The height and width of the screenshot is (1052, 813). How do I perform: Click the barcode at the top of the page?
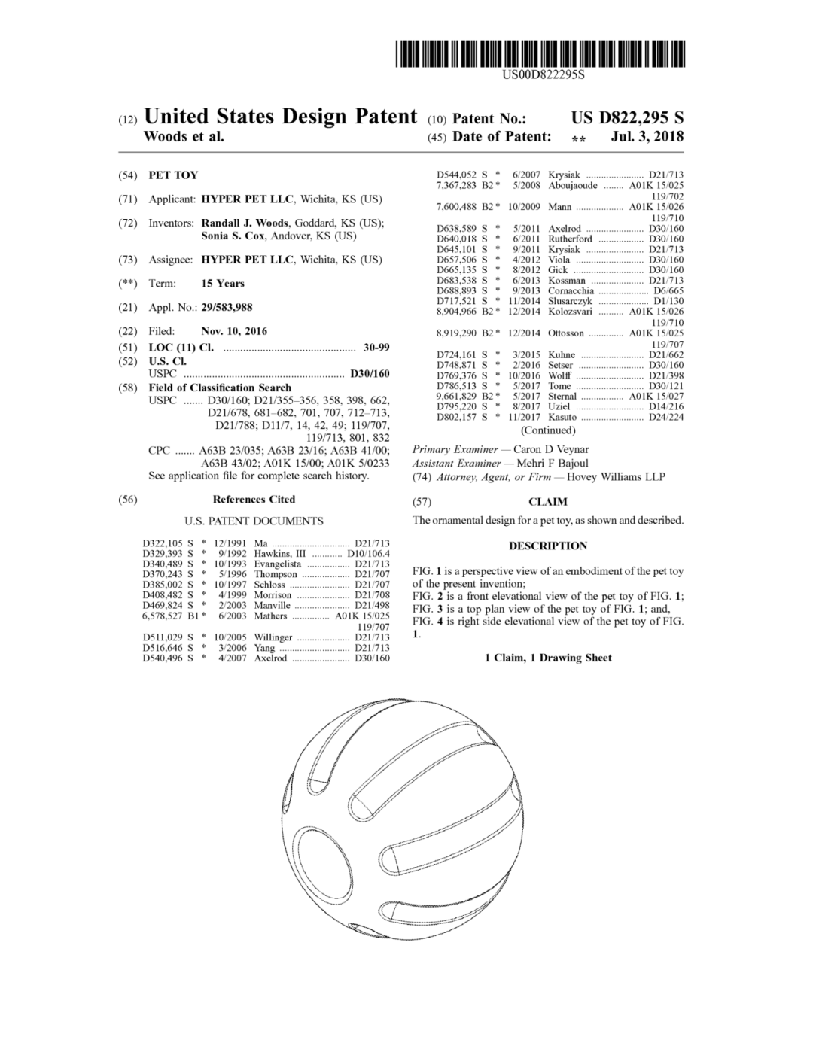pos(540,55)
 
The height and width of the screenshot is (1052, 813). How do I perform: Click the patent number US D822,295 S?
pos(627,118)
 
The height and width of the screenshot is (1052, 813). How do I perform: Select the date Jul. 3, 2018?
pos(647,137)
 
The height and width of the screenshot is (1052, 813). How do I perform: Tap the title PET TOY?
pos(173,175)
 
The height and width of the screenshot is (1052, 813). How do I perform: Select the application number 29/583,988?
pos(227,307)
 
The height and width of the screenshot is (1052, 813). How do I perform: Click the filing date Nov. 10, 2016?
pos(234,331)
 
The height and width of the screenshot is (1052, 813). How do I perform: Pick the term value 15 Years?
pos(223,284)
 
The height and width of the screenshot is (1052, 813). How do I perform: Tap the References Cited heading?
pos(254,500)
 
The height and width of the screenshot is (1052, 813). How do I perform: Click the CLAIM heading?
pos(548,502)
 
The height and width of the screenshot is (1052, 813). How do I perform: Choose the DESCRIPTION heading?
pos(548,546)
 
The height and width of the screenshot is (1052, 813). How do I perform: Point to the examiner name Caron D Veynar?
pos(551,450)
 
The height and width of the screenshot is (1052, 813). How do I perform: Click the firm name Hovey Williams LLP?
pos(616,477)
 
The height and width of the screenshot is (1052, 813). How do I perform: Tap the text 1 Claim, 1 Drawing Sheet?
pos(548,658)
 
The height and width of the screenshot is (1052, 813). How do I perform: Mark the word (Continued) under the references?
pos(548,430)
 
